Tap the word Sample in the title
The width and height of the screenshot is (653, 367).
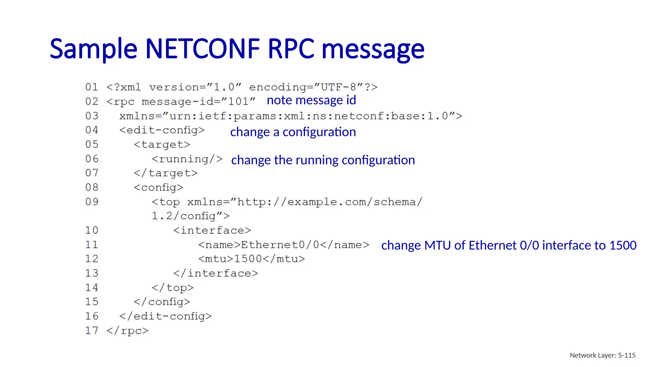93,49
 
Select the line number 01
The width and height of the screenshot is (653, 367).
92,87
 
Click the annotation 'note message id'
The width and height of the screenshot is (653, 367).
311,100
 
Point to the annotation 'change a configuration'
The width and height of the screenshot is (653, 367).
293,132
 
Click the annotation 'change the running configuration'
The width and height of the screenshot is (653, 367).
323,160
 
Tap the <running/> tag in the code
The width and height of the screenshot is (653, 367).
187,159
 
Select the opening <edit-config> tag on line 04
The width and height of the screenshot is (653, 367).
162,130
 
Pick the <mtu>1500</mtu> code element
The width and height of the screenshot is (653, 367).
252,259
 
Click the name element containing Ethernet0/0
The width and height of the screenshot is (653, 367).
283,245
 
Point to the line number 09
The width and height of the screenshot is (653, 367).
92,202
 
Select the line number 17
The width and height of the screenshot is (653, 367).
92,330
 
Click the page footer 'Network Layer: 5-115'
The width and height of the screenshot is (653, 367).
602,355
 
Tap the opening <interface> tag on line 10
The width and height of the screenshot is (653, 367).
212,230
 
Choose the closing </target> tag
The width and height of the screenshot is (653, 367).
165,173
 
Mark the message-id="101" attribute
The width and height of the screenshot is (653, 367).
198,102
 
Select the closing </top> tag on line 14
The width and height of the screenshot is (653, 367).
172,288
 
